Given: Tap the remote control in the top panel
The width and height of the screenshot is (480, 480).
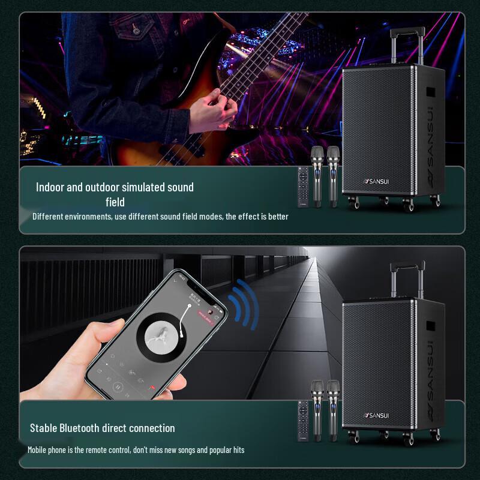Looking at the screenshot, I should (303, 187).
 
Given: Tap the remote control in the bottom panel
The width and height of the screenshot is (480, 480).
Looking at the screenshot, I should (303, 421).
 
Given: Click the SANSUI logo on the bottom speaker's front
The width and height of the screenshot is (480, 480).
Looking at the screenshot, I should (377, 415).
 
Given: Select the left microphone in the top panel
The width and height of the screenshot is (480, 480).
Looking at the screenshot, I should (317, 174).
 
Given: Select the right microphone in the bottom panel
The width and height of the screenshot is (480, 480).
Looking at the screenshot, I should (333, 408).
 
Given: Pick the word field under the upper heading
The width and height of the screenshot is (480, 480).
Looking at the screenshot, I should (115, 202).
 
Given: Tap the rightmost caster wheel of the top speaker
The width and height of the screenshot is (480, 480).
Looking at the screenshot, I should (436, 201).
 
